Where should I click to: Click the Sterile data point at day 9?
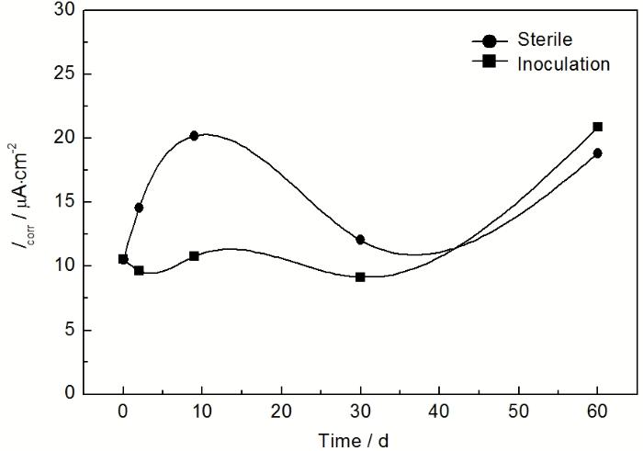point(194,136)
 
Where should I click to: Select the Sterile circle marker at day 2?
point(139,208)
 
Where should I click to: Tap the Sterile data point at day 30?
point(360,240)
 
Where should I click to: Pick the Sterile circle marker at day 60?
point(597,153)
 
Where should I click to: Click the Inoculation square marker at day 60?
point(597,127)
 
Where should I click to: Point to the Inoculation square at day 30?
point(360,276)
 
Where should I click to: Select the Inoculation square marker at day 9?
point(194,255)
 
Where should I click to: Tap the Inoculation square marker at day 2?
point(139,270)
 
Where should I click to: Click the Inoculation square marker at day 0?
point(123,259)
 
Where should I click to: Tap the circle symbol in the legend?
point(490,41)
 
